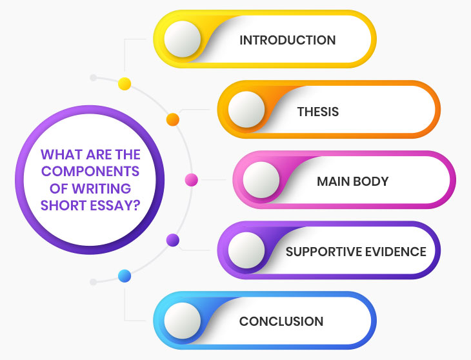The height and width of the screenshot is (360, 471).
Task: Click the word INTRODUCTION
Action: [x=288, y=40]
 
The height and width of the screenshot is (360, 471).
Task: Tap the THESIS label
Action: [x=318, y=112]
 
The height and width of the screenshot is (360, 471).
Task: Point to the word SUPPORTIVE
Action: [x=326, y=252]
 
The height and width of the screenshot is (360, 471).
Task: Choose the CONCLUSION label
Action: [x=281, y=321]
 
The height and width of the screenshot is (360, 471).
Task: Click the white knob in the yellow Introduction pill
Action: [x=183, y=39]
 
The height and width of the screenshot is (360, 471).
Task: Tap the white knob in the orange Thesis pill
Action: [x=246, y=109]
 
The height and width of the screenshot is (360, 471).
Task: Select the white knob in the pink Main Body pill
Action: [x=261, y=180]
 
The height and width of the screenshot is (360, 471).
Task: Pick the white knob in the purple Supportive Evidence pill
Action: [x=246, y=250]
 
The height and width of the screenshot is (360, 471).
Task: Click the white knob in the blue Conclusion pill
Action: [x=183, y=321]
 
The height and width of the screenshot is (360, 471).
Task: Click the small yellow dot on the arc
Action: [x=125, y=84]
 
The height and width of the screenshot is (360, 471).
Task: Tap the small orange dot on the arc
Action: [x=173, y=119]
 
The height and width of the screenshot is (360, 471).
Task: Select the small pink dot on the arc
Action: [x=192, y=180]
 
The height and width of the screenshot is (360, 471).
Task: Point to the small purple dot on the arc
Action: [x=173, y=240]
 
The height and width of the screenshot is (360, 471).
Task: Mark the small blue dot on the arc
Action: [x=125, y=276]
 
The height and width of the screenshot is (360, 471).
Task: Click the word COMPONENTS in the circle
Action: [x=90, y=172]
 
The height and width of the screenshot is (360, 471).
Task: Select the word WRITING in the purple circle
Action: [x=101, y=188]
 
